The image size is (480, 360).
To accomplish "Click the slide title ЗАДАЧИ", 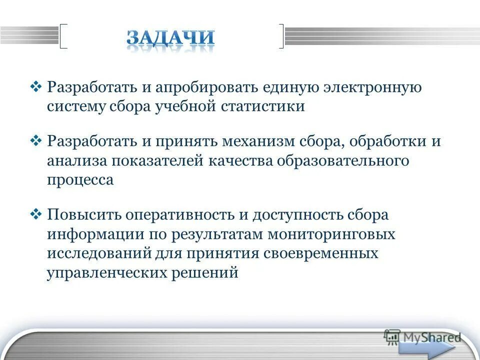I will (x=170, y=38).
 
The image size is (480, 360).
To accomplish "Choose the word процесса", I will (x=80, y=180).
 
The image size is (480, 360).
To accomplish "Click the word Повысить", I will (x=83, y=215).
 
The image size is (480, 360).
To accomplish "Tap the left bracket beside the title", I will (x=63, y=36).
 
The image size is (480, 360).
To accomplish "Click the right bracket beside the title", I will (x=281, y=36).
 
